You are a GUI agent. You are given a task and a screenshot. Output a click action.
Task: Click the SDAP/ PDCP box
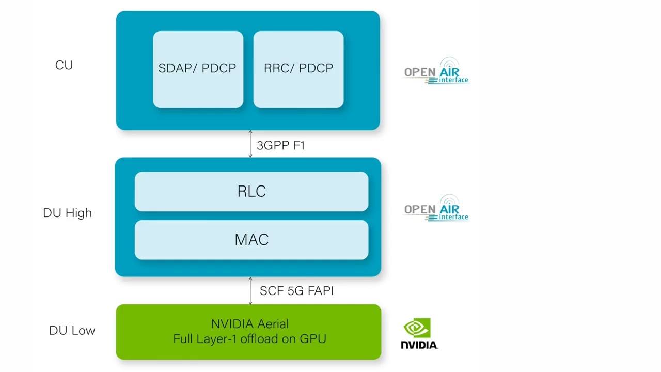pyautogui.click(x=198, y=70)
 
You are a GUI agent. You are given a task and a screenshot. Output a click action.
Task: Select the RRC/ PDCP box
pyautogui.click(x=298, y=70)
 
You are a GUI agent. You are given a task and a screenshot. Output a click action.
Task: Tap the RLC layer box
pyautogui.click(x=251, y=192)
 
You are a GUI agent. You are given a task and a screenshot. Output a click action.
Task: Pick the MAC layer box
pyautogui.click(x=251, y=240)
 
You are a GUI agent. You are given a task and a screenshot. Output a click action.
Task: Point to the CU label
pyautogui.click(x=64, y=66)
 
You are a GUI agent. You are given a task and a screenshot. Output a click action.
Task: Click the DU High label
pyautogui.click(x=67, y=213)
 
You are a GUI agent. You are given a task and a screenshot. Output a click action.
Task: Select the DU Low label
pyautogui.click(x=72, y=331)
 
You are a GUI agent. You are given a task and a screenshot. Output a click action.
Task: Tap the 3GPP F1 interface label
pyautogui.click(x=280, y=146)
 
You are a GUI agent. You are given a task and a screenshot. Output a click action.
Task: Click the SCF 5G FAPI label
pyautogui.click(x=296, y=291)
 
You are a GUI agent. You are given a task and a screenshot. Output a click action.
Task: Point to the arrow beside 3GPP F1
pyautogui.click(x=250, y=144)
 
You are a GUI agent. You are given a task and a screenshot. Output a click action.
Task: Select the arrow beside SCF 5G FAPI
pyautogui.click(x=250, y=291)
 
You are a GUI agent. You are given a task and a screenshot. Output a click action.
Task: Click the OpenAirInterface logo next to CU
pyautogui.click(x=436, y=71)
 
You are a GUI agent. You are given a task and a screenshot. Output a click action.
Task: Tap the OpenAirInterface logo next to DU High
pyautogui.click(x=436, y=209)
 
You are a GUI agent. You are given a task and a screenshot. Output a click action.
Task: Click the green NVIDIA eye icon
pyautogui.click(x=417, y=328)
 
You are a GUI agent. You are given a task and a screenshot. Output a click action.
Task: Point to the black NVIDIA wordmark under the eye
pyautogui.click(x=419, y=345)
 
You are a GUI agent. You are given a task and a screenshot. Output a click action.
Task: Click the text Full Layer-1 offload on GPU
pyautogui.click(x=249, y=339)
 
